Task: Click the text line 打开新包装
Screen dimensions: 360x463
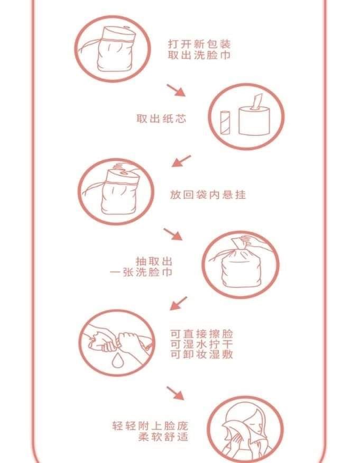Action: [199, 44]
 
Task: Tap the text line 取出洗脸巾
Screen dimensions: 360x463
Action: [199, 55]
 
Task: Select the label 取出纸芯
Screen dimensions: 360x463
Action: [161, 119]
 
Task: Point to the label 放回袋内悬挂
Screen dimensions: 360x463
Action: [208, 195]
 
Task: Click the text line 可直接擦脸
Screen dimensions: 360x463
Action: [201, 334]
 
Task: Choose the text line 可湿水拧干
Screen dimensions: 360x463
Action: [201, 344]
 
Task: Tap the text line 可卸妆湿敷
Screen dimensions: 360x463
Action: [201, 354]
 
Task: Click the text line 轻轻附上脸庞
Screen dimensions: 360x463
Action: [150, 426]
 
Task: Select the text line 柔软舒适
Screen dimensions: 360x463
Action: [163, 437]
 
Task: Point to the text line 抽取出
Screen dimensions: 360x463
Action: [154, 261]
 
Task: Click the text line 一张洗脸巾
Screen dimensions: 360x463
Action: [141, 272]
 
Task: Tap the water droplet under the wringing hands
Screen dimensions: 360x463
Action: [117, 360]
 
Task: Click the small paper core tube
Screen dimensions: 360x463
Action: [225, 123]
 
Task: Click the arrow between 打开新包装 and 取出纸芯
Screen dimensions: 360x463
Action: [176, 90]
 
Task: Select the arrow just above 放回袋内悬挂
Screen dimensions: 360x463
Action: [181, 161]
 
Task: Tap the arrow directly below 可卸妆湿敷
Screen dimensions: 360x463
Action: [176, 393]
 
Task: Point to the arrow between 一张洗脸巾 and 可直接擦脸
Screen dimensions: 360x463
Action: [179, 303]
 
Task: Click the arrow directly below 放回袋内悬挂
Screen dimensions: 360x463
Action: [173, 234]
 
